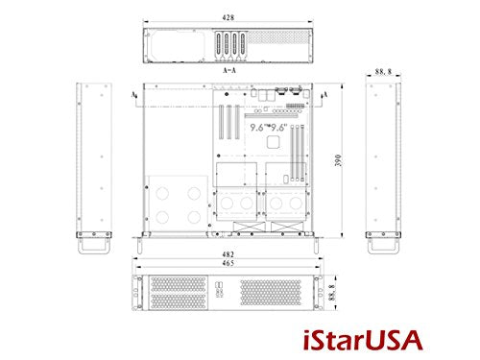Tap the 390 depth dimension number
coord(337,160)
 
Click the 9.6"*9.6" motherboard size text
coord(272,125)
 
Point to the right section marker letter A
coord(328,95)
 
